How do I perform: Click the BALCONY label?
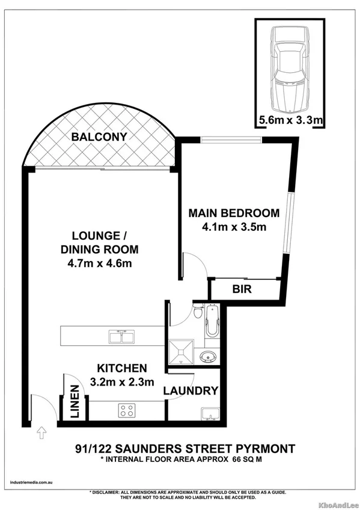point(99,137)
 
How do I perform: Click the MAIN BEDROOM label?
point(234,213)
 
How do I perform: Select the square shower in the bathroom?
point(183,351)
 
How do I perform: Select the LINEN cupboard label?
point(75,402)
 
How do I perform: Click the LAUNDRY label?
point(191,390)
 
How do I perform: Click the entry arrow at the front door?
point(41,431)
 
